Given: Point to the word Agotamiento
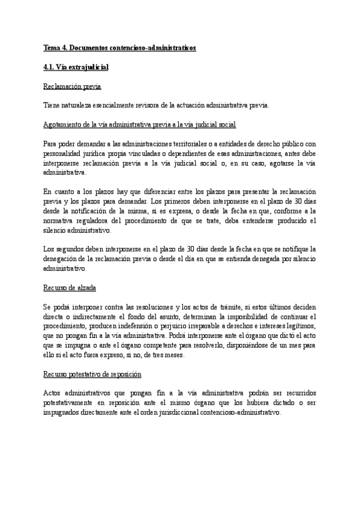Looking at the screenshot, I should (x=64, y=124).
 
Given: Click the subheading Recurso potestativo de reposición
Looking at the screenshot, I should (x=92, y=375).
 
